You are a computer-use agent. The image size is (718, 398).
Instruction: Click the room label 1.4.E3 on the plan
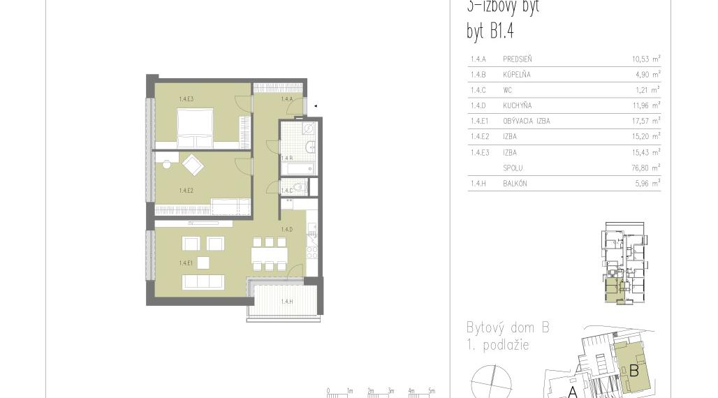tap(186, 99)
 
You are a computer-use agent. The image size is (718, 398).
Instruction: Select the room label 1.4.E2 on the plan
tap(186, 190)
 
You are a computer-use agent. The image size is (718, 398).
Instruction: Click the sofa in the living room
tap(203, 282)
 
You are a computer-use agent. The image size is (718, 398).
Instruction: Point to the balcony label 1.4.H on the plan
tap(286, 302)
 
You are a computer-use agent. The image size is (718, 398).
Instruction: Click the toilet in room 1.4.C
tap(300, 187)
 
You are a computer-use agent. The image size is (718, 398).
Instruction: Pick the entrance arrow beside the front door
tap(316, 106)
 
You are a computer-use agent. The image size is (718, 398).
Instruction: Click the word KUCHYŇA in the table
tap(517, 105)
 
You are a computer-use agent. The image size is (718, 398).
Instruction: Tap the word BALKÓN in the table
tap(515, 184)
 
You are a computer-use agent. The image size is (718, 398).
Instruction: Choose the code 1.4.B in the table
tap(478, 75)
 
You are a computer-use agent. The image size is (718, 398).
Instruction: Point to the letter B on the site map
tap(634, 371)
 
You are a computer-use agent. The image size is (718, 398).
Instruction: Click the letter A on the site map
tap(572, 392)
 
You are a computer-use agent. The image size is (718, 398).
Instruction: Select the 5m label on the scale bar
tap(432, 392)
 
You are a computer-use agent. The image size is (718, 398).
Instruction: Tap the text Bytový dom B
tap(508, 328)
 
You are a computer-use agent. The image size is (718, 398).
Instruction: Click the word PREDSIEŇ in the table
tap(518, 59)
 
